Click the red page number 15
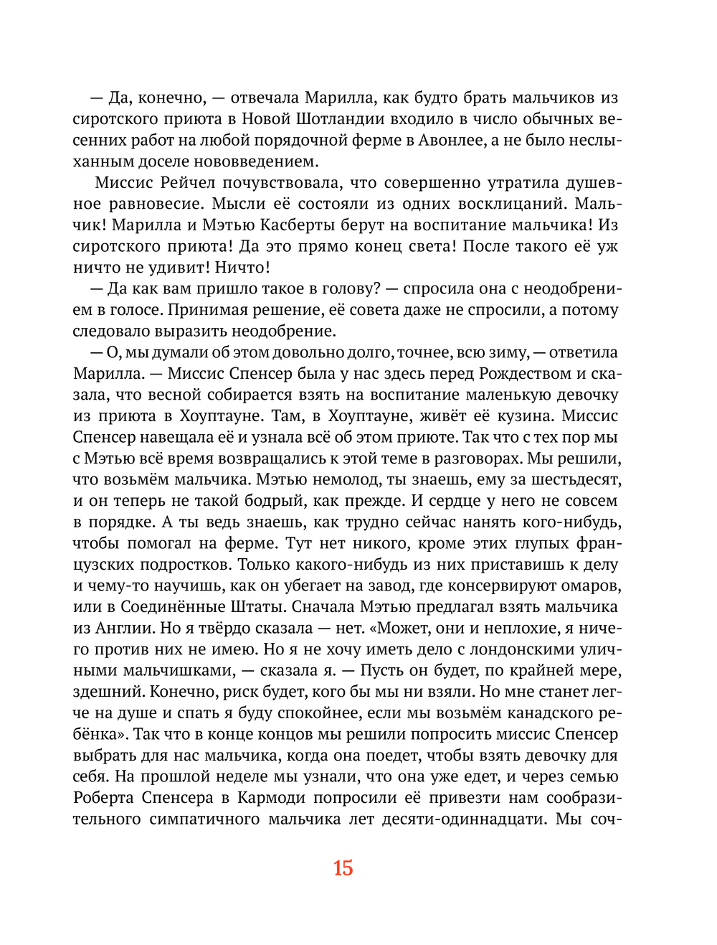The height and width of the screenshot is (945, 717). click(x=343, y=868)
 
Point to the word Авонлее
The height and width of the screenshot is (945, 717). click(x=451, y=140)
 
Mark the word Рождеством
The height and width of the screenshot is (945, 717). click(x=525, y=374)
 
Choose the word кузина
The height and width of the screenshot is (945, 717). click(x=523, y=416)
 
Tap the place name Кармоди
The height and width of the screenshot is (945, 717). click(x=271, y=798)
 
